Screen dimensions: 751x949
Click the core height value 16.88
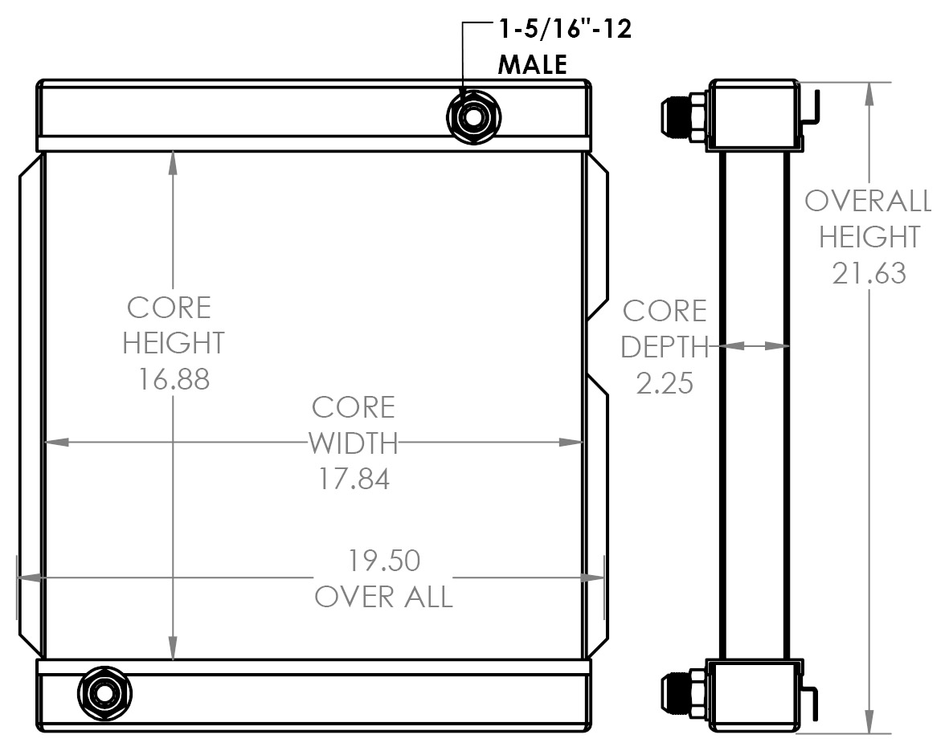pos(173,378)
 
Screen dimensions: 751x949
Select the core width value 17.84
pos(354,479)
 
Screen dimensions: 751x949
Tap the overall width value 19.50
pos(384,560)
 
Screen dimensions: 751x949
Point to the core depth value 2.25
pos(665,382)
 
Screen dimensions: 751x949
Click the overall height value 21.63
pos(869,274)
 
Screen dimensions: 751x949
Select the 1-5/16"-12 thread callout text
pos(566,31)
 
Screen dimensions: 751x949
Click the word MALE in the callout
pos(533,64)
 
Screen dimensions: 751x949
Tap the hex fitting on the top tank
pos(473,118)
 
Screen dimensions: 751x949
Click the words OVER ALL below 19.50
pos(383,597)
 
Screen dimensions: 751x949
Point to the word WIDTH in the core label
pos(354,443)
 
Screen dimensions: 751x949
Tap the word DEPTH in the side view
pos(665,347)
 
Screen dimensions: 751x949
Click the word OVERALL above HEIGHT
pos(868,201)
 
